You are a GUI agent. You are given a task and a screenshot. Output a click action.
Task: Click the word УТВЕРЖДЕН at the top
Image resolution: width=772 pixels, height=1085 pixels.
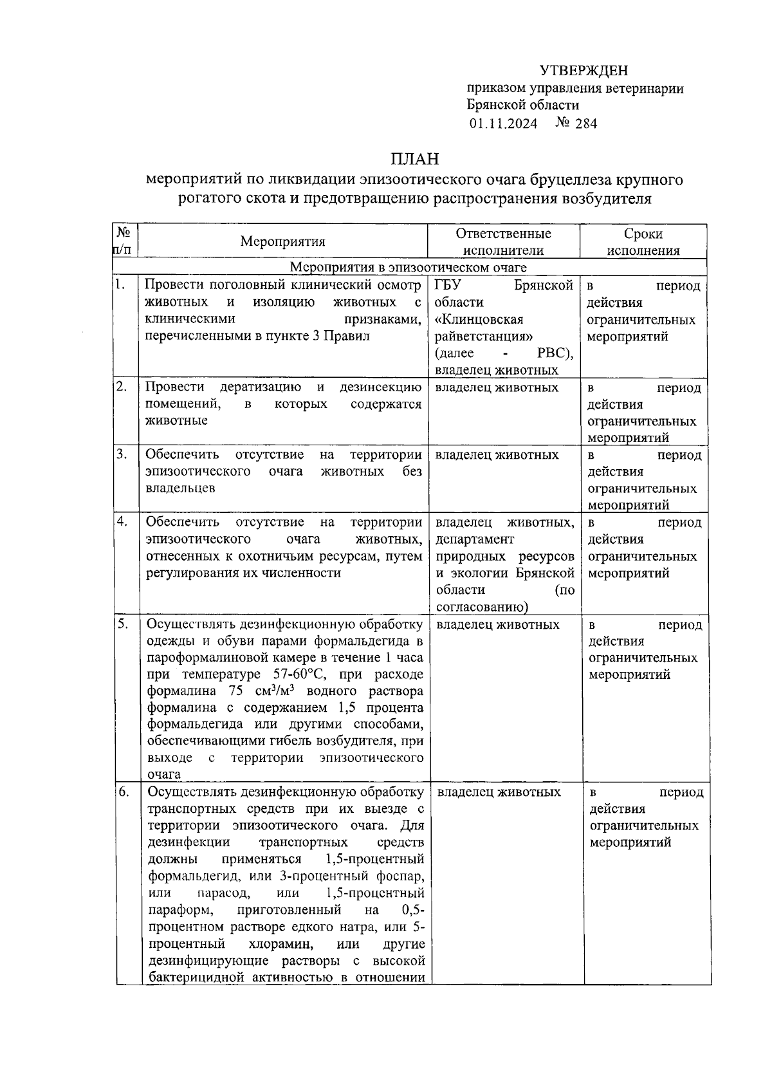click(583, 71)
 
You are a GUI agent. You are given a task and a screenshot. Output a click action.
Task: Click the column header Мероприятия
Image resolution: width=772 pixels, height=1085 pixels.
click(283, 241)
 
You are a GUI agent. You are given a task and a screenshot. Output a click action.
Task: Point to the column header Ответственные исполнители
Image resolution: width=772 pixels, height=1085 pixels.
click(503, 242)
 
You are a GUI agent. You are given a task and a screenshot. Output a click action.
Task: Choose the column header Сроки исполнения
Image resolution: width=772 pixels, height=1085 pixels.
click(643, 242)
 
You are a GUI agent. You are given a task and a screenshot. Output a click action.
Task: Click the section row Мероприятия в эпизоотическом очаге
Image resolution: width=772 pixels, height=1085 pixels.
click(408, 267)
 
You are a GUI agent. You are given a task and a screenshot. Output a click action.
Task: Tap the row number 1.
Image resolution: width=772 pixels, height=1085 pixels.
click(120, 284)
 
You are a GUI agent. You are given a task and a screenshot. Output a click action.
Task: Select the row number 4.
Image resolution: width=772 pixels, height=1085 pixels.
click(122, 521)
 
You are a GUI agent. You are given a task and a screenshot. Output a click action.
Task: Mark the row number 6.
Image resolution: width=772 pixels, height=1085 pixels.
click(124, 792)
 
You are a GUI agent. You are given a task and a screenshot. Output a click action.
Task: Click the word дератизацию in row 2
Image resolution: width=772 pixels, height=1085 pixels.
click(260, 387)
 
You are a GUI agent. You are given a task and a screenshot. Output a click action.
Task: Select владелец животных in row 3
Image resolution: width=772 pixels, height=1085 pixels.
click(497, 455)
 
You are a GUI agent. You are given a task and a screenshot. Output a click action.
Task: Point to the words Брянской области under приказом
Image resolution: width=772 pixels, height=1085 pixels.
click(523, 106)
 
